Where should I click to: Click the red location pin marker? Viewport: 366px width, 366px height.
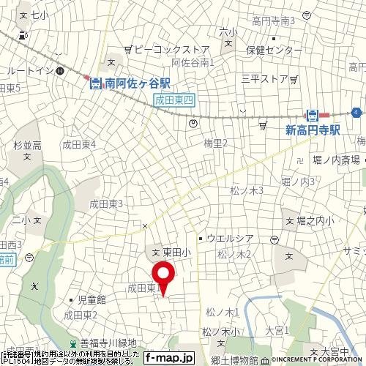tap(163, 277)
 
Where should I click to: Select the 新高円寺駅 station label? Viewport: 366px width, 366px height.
tap(313, 129)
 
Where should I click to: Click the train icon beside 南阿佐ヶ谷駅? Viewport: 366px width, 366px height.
tap(95, 83)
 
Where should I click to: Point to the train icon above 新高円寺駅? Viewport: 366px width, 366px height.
tap(312, 115)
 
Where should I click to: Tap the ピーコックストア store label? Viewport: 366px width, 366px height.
tap(166, 50)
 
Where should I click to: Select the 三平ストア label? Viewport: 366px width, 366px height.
tap(264, 78)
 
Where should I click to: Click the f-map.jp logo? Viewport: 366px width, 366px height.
tap(168, 358)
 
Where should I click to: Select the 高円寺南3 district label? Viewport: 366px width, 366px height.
tap(273, 20)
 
